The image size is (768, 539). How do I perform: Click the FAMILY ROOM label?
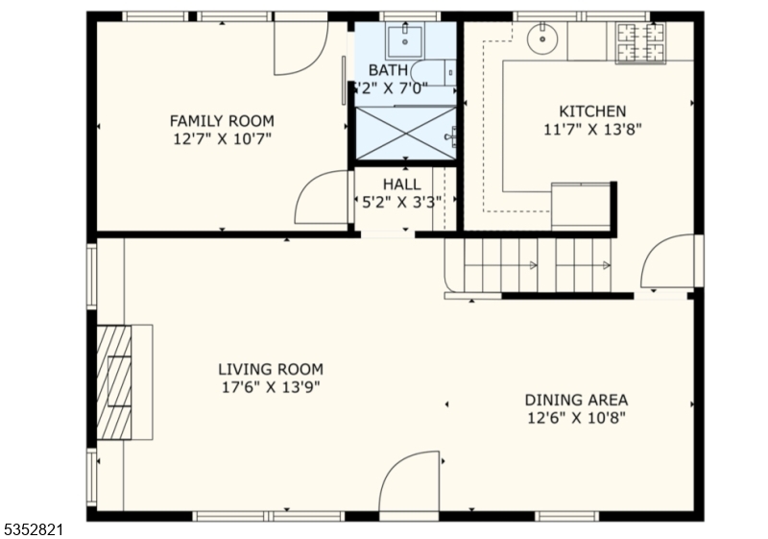coord(222,120)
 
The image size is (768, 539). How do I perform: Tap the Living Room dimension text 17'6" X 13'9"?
coord(271,387)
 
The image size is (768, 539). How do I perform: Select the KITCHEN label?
coord(592,111)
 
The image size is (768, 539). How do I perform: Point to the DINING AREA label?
coord(576,400)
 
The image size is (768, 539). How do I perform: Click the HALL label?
coord(401,184)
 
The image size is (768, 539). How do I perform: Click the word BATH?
coord(388,70)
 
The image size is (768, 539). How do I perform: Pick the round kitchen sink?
coord(542,38)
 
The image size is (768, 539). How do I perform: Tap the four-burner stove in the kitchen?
coord(640,43)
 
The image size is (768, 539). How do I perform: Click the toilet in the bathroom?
coord(434,73)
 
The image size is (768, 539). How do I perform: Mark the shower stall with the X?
coord(405,133)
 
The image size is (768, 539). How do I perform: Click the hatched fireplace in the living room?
coord(114,382)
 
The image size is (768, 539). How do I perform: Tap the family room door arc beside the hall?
coord(306,184)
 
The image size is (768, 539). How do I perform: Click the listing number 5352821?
coord(34,529)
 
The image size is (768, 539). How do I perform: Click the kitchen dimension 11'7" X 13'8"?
coord(592,130)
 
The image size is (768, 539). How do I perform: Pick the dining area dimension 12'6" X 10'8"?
coord(577,418)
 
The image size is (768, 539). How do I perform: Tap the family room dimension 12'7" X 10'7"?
coord(222,138)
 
